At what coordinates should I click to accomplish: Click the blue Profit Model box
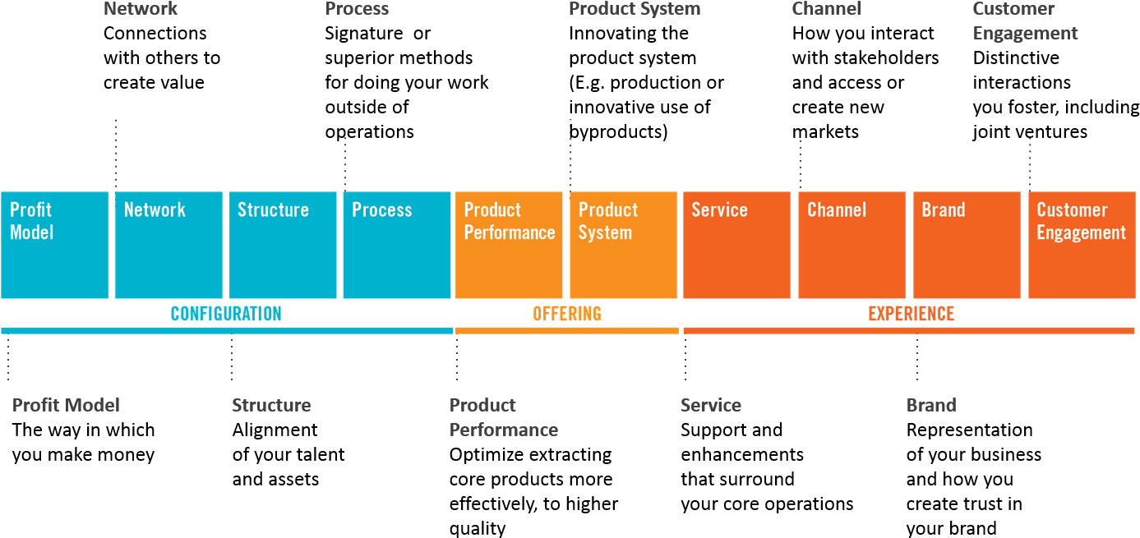tap(55, 245)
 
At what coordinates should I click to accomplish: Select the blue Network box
tap(168, 245)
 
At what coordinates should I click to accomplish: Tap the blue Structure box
tap(283, 245)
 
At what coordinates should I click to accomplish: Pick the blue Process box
tap(397, 245)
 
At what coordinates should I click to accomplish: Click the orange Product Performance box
tap(509, 245)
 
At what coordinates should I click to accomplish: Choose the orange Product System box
tap(623, 245)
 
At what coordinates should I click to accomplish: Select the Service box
tap(736, 245)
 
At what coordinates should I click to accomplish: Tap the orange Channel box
tap(852, 245)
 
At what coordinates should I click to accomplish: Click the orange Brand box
tap(967, 245)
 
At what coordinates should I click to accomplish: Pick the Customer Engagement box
tap(1082, 245)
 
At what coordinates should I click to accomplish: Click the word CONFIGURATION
tap(226, 314)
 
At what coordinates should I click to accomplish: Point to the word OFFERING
tap(567, 314)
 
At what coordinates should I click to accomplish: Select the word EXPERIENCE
tap(912, 314)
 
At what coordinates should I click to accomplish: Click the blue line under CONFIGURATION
tap(226, 330)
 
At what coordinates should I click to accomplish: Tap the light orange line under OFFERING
tap(567, 330)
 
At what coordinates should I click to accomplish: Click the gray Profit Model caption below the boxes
tap(66, 405)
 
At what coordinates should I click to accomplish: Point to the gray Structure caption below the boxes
tap(271, 405)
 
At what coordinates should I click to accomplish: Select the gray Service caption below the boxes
tap(711, 405)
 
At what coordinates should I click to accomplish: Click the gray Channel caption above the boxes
tap(826, 9)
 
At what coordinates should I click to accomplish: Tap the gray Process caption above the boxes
tap(357, 9)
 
